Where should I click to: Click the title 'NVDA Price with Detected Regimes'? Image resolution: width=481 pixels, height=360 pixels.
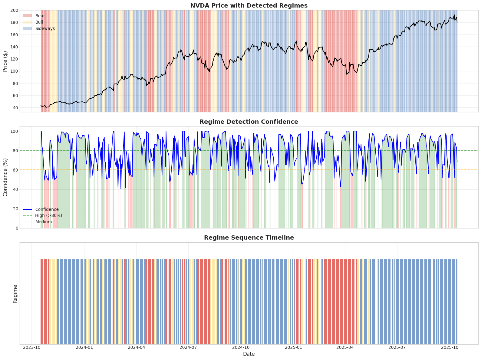coord(249,5)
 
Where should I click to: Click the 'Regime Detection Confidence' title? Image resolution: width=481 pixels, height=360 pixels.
coord(249,122)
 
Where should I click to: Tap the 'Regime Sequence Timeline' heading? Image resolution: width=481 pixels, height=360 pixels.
coord(249,237)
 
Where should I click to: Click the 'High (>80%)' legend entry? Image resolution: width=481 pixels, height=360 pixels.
coord(48,215)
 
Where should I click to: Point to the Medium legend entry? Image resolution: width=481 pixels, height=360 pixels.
coord(43,222)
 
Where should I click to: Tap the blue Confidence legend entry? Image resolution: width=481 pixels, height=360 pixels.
coord(47,209)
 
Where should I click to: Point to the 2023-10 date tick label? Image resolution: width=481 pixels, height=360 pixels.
coord(32,348)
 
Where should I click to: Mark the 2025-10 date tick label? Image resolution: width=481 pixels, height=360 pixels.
coord(450,348)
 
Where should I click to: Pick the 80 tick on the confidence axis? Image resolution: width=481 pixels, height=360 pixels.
coord(15,150)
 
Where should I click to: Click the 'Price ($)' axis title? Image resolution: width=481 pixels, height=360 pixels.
coord(5,61)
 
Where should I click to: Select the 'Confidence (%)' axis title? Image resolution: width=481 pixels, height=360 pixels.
coord(5,177)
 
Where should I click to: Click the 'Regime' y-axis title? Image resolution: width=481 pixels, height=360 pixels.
coord(15,293)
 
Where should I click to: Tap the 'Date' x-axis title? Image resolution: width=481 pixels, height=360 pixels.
coord(249,354)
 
